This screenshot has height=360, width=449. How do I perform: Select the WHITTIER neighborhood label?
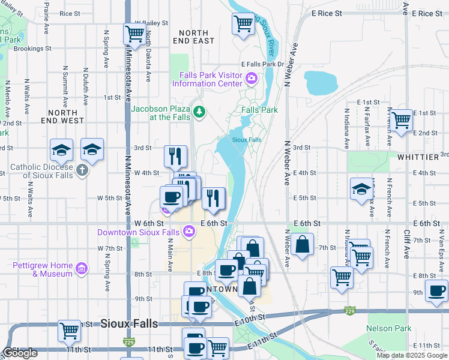click(418, 157)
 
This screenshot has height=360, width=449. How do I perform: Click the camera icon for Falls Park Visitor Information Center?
click(252, 78)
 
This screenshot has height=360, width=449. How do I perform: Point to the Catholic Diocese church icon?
click(82, 171)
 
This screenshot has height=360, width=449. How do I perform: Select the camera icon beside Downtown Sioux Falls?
click(188, 232)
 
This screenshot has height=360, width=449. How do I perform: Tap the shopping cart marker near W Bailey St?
click(134, 33)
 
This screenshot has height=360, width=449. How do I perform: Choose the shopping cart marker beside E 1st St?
click(401, 119)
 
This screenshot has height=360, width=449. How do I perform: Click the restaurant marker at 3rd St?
click(175, 156)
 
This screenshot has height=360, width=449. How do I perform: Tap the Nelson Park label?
click(389, 328)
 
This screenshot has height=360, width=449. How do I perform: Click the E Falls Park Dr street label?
click(262, 64)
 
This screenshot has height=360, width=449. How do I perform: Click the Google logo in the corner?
click(20, 353)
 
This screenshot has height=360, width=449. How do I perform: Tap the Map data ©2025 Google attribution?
click(412, 355)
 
